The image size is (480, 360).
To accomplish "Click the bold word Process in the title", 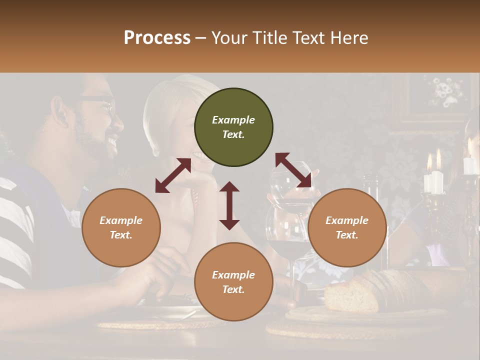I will click(157, 38).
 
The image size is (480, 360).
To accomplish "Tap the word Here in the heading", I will click(350, 38).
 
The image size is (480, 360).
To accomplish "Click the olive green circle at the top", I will click(233, 127).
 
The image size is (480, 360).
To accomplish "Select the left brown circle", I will click(121, 227).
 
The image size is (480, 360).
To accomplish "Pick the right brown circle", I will click(347, 227).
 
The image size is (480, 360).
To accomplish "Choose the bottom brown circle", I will click(233, 282).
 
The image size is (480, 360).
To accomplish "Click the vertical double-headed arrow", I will click(229, 205).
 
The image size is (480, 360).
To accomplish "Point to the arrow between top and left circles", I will click(173, 175).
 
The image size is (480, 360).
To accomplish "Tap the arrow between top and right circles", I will click(293, 170).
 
